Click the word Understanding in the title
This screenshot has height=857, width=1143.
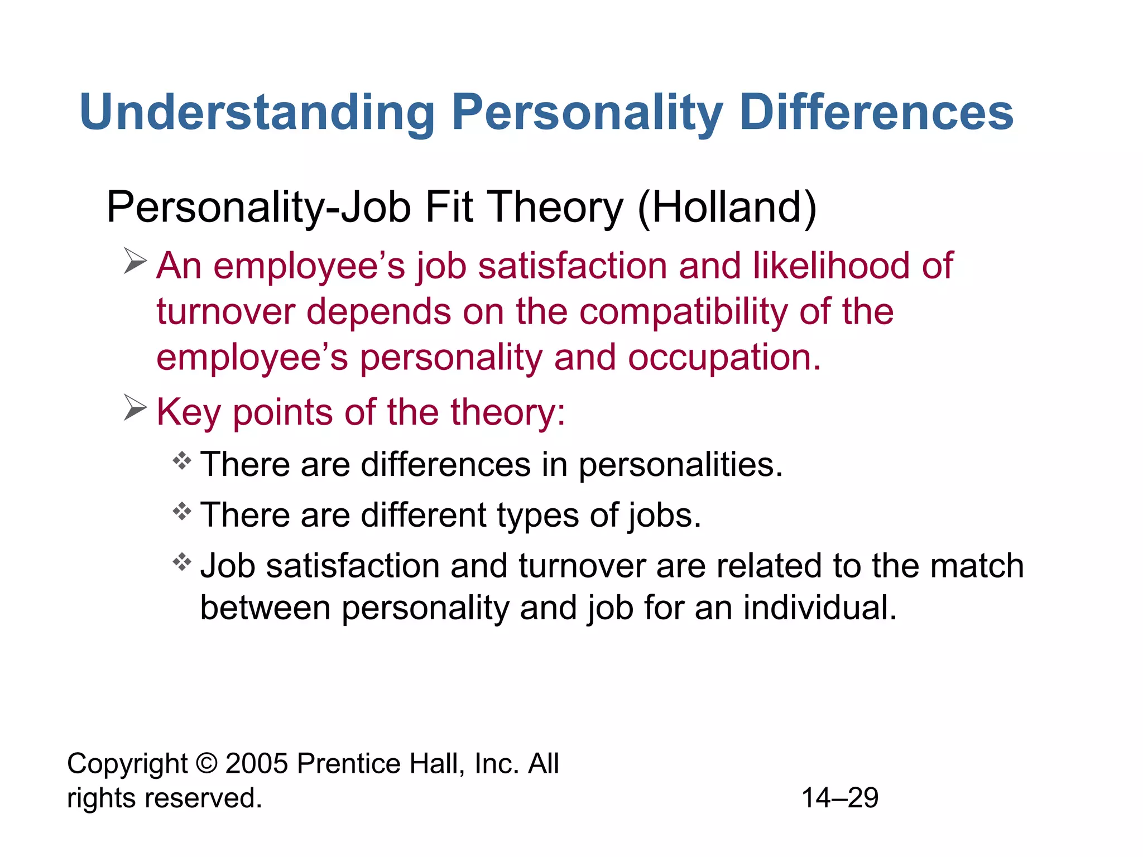click(x=257, y=113)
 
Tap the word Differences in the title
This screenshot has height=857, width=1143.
click(x=876, y=113)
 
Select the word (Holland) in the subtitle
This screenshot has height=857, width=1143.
click(x=727, y=208)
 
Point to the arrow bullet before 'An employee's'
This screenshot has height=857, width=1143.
click(x=135, y=261)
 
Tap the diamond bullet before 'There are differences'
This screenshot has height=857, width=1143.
click(x=182, y=461)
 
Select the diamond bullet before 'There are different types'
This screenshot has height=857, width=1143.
click(x=182, y=511)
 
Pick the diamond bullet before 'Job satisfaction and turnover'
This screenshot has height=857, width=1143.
click(x=182, y=561)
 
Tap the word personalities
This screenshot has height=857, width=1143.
click(x=680, y=465)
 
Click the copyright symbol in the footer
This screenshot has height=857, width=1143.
click(x=207, y=763)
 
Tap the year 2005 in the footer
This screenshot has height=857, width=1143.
click(x=257, y=763)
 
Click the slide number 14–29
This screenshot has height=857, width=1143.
click(x=840, y=798)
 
